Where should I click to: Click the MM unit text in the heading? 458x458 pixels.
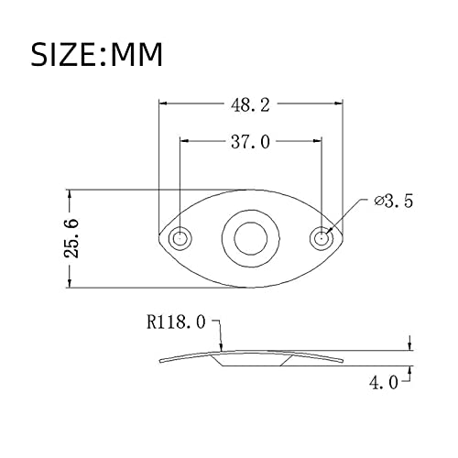(136, 55)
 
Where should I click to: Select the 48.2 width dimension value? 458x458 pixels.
(250, 105)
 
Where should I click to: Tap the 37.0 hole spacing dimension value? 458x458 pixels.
(250, 142)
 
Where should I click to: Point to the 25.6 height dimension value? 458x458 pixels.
(71, 238)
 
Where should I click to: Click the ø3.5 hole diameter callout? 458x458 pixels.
(394, 202)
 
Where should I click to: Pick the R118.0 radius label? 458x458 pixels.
(176, 322)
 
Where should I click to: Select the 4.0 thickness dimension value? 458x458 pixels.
(384, 383)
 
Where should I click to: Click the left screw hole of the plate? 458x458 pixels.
(180, 238)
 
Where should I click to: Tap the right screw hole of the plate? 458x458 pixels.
(322, 238)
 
